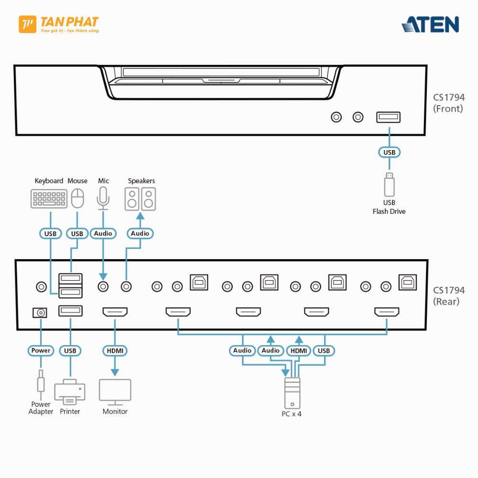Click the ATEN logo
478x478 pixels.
[x=430, y=24]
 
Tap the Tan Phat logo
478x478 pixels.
[x=58, y=24]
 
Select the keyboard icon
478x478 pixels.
[x=49, y=198]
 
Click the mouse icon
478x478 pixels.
[x=77, y=198]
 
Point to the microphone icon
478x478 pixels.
[x=103, y=197]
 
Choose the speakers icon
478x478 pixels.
[x=141, y=199]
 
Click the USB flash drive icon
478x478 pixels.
[x=390, y=184]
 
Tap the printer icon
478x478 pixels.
[x=70, y=391]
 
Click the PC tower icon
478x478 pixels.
[x=292, y=392]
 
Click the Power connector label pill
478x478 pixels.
[x=41, y=350]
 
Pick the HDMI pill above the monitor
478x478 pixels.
[x=115, y=350]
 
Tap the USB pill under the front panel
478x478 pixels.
[x=390, y=152]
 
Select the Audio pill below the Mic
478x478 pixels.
[x=103, y=233]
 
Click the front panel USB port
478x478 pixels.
[x=388, y=117]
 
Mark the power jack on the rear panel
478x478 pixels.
[x=40, y=313]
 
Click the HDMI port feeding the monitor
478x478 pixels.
[x=115, y=313]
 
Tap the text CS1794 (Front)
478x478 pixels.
[x=448, y=103]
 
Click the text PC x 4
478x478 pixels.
[x=292, y=414]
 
